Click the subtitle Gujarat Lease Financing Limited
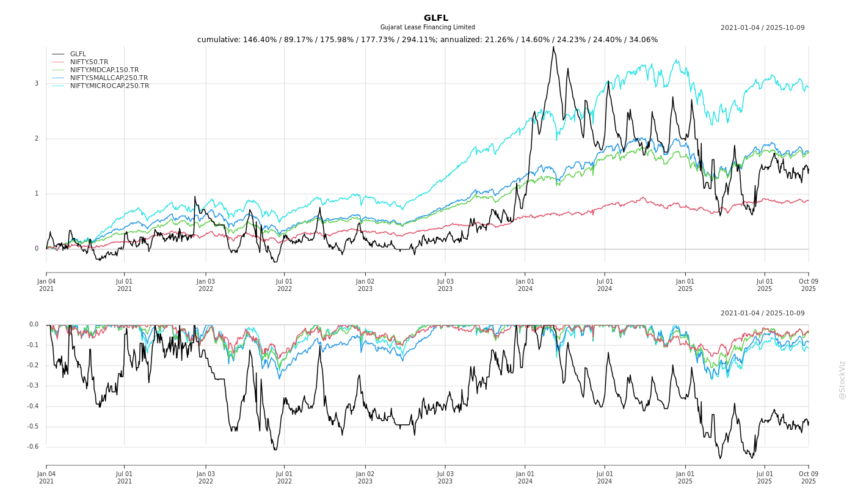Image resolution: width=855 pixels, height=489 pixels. click(428, 28)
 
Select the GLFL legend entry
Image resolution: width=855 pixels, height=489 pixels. click(78, 54)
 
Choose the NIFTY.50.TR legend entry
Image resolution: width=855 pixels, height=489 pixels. click(89, 62)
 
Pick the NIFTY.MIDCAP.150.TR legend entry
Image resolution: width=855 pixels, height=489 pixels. click(104, 70)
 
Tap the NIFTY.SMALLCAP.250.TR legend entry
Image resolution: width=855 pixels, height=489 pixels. click(109, 78)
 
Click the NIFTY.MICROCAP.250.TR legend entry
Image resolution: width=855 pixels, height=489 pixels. click(109, 86)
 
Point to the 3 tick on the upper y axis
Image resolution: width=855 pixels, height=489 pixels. click(36, 84)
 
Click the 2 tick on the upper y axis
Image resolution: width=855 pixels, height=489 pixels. click(36, 139)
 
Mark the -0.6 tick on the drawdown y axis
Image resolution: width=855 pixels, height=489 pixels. click(33, 447)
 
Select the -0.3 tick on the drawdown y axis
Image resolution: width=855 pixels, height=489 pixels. click(33, 386)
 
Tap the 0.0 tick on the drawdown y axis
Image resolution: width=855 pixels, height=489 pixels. click(34, 325)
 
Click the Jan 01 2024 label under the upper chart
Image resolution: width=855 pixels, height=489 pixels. click(525, 285)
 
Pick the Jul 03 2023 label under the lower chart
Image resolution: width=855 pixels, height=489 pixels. click(445, 477)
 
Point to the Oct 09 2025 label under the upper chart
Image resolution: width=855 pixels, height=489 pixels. click(808, 285)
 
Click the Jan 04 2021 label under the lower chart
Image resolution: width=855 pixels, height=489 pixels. click(46, 477)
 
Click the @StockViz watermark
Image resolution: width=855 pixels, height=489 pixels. click(842, 380)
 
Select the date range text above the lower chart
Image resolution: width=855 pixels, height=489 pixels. click(762, 314)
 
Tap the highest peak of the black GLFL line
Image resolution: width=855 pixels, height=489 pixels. click(553, 47)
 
